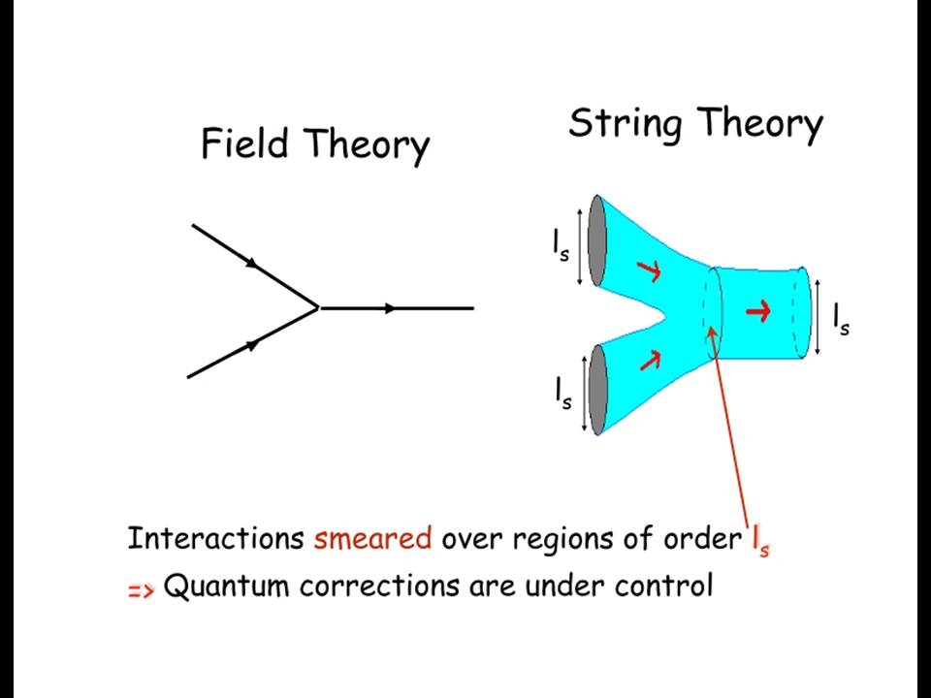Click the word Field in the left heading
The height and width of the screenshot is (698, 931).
244,143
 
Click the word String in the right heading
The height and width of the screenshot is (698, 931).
625,124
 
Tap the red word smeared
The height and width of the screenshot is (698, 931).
372,538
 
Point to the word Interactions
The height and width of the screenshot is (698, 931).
216,538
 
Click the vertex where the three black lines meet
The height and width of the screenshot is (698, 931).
319,307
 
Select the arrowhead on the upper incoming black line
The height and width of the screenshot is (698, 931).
253,263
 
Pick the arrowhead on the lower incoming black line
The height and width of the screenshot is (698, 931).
253,344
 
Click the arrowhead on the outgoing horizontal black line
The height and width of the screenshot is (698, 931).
390,308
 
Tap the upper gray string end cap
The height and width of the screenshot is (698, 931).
596,240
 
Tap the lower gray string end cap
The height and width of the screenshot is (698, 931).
597,390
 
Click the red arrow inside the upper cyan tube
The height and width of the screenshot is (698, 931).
649,270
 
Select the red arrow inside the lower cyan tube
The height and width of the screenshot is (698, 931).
650,360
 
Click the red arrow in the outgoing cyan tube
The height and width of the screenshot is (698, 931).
758,311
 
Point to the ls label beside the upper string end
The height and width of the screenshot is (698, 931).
561,245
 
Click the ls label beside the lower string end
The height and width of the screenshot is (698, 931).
563,394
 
